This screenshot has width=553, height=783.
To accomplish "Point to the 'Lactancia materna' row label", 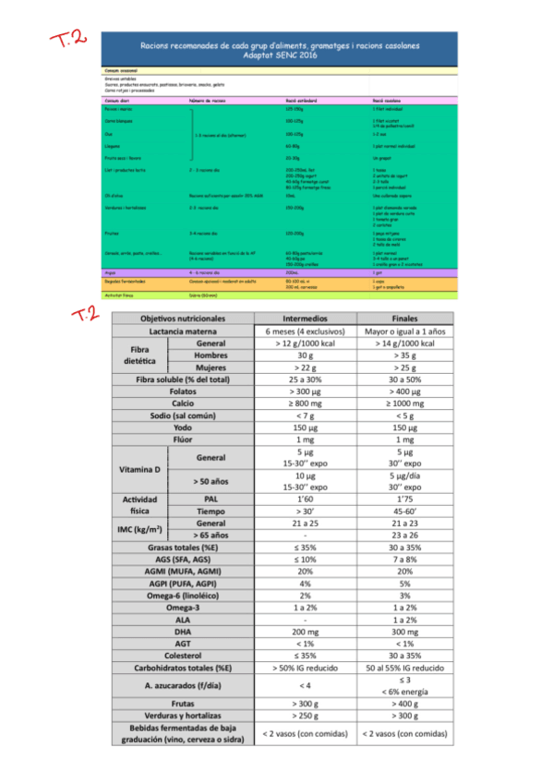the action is click(181, 331).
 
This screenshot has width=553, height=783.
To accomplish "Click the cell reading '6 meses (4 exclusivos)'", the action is click(305, 331).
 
